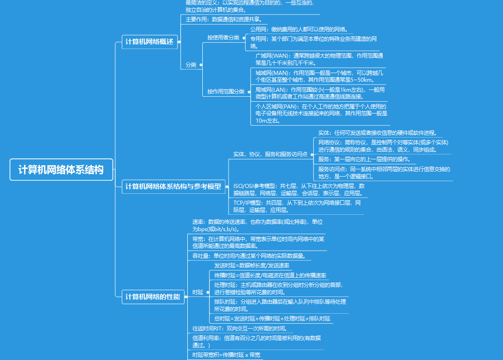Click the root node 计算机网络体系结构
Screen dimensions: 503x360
(61, 170)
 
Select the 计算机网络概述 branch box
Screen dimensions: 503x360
(150, 42)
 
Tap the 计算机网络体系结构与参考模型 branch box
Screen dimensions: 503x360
(173, 187)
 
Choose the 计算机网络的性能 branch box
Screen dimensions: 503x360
(153, 297)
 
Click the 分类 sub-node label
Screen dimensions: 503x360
(191, 65)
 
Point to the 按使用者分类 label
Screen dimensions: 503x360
(223, 38)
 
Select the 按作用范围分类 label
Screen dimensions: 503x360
(226, 92)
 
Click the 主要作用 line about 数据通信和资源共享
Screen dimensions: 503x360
(223, 20)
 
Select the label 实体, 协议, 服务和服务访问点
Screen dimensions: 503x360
(270, 154)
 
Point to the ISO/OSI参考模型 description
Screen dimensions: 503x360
(298, 189)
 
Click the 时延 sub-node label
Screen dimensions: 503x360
(198, 292)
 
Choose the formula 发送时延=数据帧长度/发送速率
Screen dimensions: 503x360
(252, 266)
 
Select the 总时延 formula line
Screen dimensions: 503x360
(272, 319)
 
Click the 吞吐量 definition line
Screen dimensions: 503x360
(249, 256)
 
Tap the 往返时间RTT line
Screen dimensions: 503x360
(240, 328)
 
